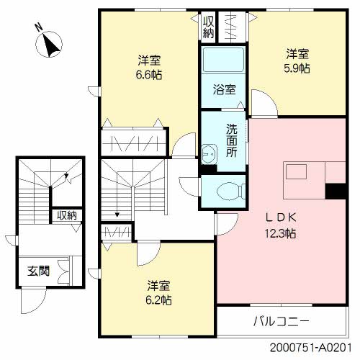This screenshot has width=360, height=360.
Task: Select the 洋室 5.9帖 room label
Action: tap(297, 60)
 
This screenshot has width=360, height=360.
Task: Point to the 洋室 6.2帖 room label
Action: tap(159, 292)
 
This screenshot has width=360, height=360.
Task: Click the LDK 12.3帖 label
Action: tap(280, 225)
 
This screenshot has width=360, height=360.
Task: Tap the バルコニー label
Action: tap(281, 320)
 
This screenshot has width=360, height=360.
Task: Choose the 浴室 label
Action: tap(224, 90)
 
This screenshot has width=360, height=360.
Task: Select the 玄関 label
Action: tap(38, 272)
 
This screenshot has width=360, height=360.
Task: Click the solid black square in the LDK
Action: tap(335, 191)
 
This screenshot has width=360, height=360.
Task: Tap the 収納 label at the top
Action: tap(208, 27)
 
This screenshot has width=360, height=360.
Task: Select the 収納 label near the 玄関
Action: tap(67, 215)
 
